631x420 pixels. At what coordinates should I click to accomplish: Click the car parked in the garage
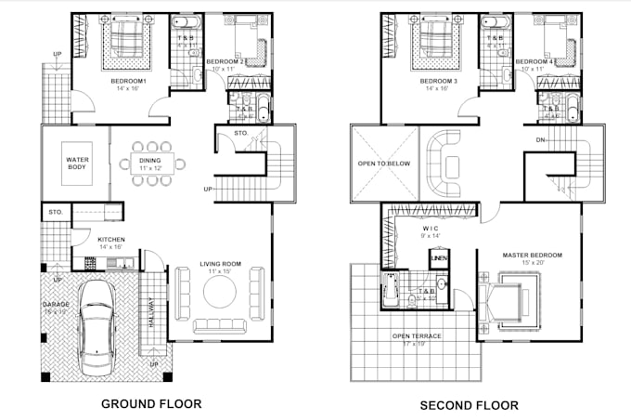click(x=95, y=322)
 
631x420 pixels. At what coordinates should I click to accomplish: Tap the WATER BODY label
click(x=76, y=164)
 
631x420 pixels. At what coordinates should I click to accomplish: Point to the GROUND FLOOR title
click(x=151, y=404)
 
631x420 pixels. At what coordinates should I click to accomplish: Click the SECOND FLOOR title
click(x=469, y=405)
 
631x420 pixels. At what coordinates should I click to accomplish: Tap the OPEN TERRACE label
click(x=417, y=335)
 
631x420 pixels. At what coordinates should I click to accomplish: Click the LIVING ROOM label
click(x=220, y=265)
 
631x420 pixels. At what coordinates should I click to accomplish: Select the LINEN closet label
click(x=438, y=257)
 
